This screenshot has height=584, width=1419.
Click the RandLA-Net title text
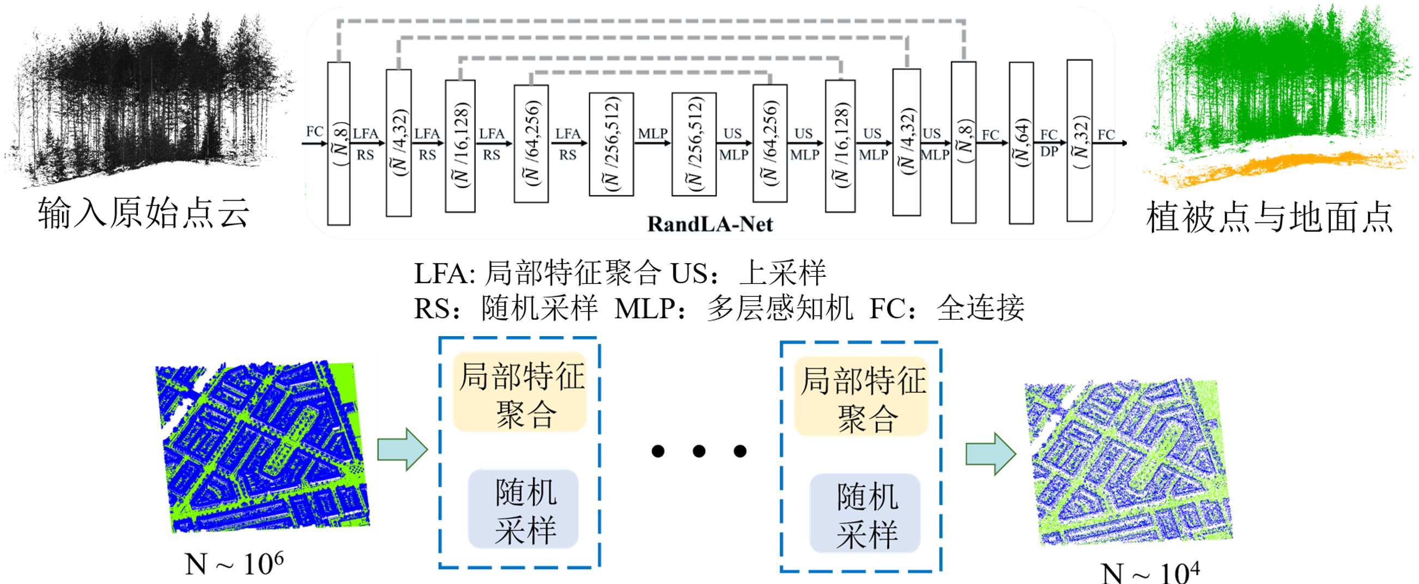[x=710, y=224]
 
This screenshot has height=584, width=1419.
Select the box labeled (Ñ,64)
[x=1021, y=143]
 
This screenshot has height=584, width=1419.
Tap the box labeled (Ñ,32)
[x=1079, y=141]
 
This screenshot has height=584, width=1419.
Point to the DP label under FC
[x=1049, y=151]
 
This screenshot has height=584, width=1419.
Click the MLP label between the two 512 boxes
[x=653, y=134]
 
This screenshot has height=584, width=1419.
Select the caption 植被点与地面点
[x=1270, y=217]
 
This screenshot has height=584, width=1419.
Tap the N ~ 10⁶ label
[x=234, y=564]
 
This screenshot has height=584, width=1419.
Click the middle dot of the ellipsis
[x=699, y=451]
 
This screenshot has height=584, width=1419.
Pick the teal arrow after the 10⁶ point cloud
[x=402, y=449]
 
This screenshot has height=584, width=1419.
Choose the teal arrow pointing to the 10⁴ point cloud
[x=991, y=453]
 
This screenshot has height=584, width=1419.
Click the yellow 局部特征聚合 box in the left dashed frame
[x=519, y=392]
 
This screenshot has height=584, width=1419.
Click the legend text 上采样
[x=783, y=273]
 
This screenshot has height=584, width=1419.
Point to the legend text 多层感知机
[x=780, y=308]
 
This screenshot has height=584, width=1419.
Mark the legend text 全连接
[x=980, y=308]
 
